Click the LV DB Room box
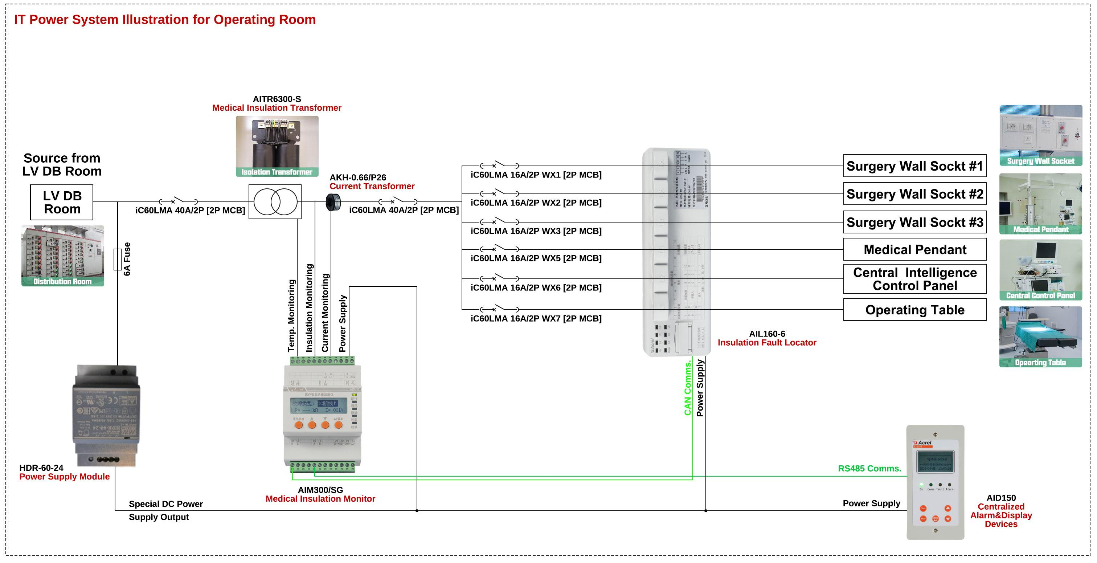coord(62,202)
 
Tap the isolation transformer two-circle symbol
coord(275,202)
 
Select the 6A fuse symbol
coord(118,259)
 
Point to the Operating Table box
coord(914,310)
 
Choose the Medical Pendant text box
coord(914,250)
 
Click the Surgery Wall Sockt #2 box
coord(914,194)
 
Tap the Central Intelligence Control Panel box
coord(914,279)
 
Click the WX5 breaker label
coord(536,258)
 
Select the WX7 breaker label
coord(536,319)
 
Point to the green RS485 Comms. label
coord(869,469)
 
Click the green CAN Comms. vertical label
coord(687,388)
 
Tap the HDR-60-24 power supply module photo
coord(106,415)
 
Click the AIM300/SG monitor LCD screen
coord(319,406)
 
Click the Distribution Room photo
coord(63,256)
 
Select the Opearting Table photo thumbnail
coord(1040,336)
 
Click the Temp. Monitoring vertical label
coord(292,315)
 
